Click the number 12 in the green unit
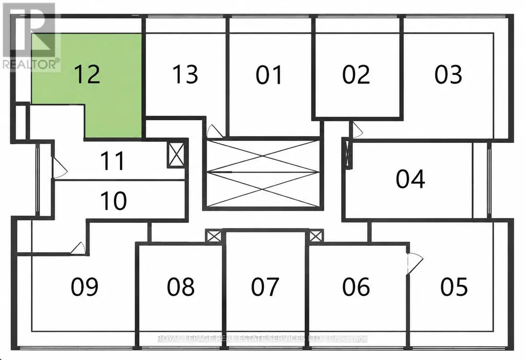87,74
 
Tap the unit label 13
185,74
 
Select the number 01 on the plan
269,74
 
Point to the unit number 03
448,74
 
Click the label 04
410,179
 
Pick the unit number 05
454,287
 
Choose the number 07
265,287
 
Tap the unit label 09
85,287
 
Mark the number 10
114,201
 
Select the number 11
113,161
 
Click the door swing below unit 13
214,131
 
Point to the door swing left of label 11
59,168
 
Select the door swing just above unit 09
78,248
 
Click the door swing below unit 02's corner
356,130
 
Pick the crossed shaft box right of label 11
176,154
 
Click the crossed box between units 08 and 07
214,237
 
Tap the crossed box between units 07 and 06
316,236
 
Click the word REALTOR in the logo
30,64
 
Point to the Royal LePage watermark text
262,338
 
